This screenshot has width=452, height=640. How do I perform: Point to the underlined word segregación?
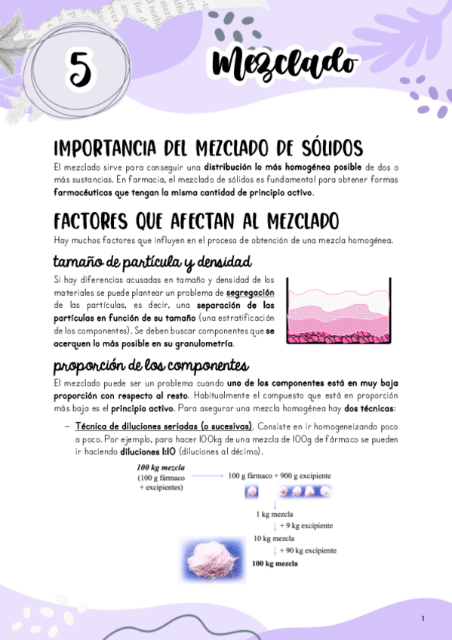[x=250, y=292]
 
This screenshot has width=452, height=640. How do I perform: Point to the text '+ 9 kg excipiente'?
[x=306, y=525]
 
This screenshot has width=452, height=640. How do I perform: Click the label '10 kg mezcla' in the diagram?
[x=273, y=538]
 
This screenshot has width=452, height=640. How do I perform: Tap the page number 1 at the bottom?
[x=423, y=619]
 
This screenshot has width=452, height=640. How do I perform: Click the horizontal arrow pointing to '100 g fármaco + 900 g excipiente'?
[x=205, y=476]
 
